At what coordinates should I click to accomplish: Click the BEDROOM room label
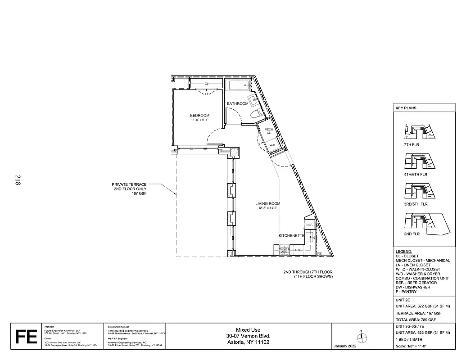click(x=200, y=115)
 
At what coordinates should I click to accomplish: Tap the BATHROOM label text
click(x=237, y=103)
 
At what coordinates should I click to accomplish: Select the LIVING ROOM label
click(x=268, y=203)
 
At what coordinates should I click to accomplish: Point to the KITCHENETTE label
click(x=292, y=235)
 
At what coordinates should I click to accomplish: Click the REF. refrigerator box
click(x=309, y=224)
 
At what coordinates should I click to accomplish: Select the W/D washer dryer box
click(x=272, y=145)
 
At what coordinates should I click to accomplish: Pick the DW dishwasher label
click(x=298, y=250)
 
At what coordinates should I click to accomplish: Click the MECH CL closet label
click(x=268, y=131)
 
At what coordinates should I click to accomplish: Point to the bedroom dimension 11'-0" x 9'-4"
click(x=200, y=120)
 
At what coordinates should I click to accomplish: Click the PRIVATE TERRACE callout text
click(x=129, y=189)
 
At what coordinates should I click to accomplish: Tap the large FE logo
click(x=26, y=336)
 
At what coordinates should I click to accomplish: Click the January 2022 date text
click(x=346, y=346)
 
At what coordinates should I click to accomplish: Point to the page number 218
click(x=18, y=180)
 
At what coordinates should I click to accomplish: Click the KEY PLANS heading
click(x=406, y=108)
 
